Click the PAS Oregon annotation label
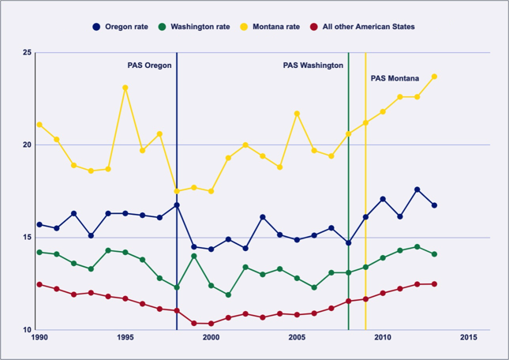pyautogui.click(x=149, y=66)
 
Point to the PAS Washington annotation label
pyautogui.click(x=313, y=66)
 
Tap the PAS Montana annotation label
pyautogui.click(x=395, y=78)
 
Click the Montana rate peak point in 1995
pyautogui.click(x=125, y=88)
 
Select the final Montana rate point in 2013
pyautogui.click(x=435, y=77)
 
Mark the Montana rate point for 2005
pyautogui.click(x=297, y=114)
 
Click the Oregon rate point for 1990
pyautogui.click(x=39, y=224)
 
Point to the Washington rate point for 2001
pyautogui.click(x=228, y=295)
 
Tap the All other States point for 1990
pyautogui.click(x=39, y=284)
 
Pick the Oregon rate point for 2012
pyautogui.click(x=417, y=189)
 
